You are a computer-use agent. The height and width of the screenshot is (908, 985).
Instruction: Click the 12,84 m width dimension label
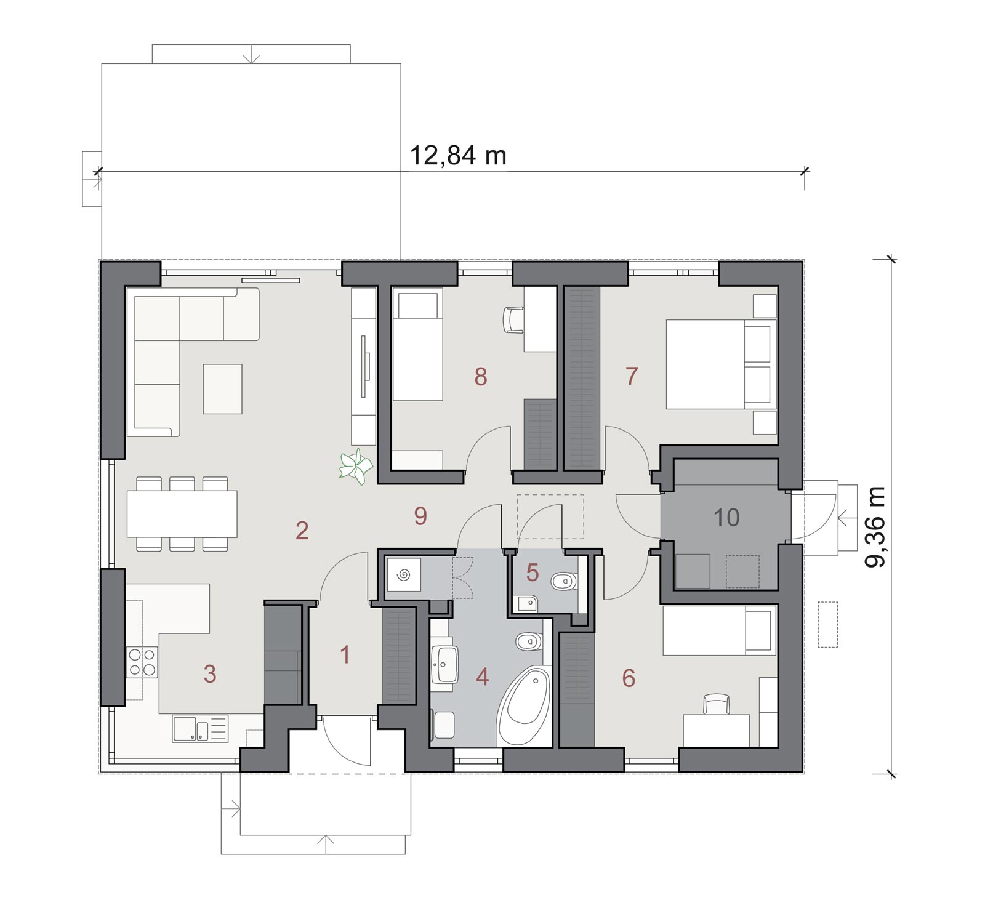pyautogui.click(x=457, y=155)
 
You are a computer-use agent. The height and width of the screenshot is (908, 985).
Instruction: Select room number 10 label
pyautogui.click(x=726, y=518)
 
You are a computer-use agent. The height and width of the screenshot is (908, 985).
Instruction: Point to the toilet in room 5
pyautogui.click(x=564, y=581)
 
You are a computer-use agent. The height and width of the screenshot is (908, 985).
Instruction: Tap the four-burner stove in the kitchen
pyautogui.click(x=142, y=662)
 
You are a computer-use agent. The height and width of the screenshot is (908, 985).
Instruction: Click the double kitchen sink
pyautogui.click(x=200, y=728)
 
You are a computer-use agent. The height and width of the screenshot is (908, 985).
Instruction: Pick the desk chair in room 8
pyautogui.click(x=513, y=319)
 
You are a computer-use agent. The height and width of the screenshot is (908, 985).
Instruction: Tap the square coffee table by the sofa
pyautogui.click(x=222, y=388)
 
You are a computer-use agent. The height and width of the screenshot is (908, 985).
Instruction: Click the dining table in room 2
pyautogui.click(x=182, y=513)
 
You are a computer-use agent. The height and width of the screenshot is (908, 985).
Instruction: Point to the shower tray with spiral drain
pyautogui.click(x=403, y=575)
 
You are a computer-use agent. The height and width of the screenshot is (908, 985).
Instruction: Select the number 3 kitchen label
pyautogui.click(x=210, y=674)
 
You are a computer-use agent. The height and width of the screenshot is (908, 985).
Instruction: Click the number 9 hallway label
pyautogui.click(x=420, y=516)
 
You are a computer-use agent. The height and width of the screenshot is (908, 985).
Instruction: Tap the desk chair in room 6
pyautogui.click(x=716, y=704)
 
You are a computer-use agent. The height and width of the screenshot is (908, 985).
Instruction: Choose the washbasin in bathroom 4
pyautogui.click(x=444, y=665)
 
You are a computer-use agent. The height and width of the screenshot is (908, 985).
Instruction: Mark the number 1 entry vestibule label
pyautogui.click(x=345, y=655)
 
